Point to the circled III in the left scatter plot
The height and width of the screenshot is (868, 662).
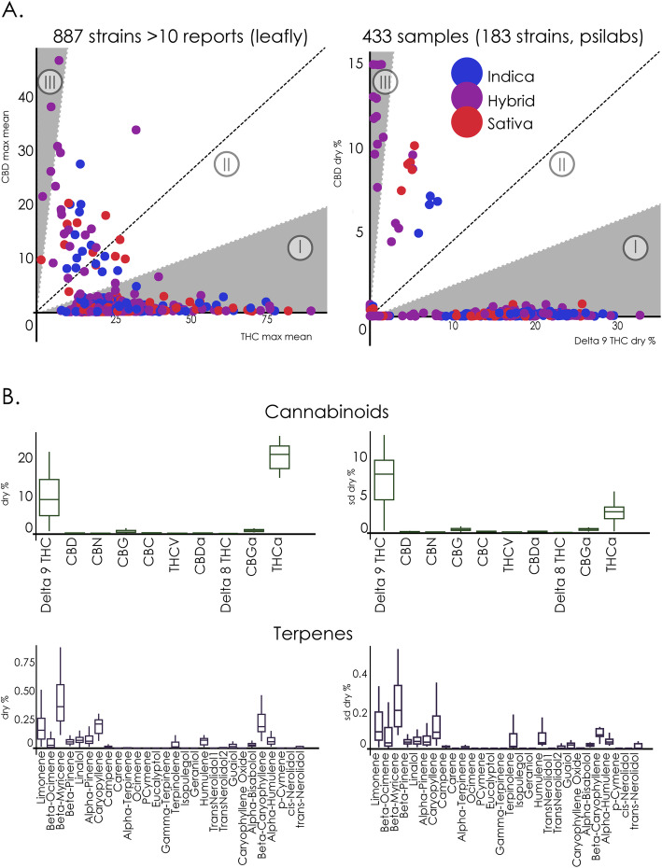[x=49, y=80]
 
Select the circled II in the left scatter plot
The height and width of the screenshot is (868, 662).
[x=227, y=165]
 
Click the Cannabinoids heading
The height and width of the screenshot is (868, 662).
[x=331, y=412]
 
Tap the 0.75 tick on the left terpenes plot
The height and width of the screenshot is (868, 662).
[x=19, y=662]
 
